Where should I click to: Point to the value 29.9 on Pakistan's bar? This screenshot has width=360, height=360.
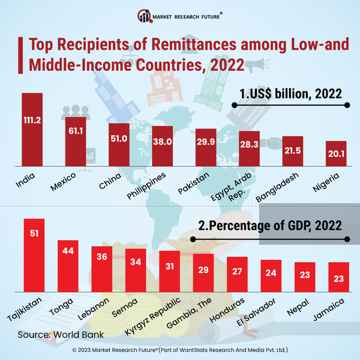click(x=206, y=141)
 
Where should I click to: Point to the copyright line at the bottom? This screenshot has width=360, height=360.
click(x=180, y=349)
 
